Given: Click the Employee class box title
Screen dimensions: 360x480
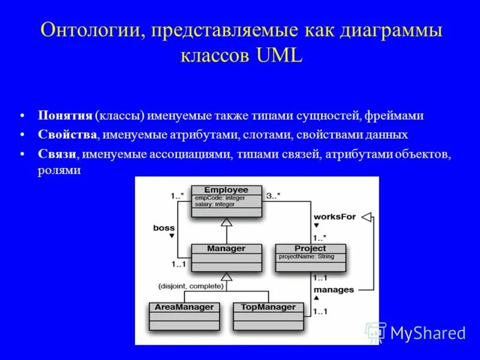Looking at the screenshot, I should [x=226, y=190].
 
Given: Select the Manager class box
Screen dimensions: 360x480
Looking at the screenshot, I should [x=226, y=258].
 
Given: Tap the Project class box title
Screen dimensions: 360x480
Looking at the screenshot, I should [x=310, y=248].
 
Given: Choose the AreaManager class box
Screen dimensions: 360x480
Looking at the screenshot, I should [x=184, y=316].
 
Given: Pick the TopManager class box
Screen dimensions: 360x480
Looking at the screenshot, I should [x=268, y=316].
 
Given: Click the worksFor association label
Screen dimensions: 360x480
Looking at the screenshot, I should [x=334, y=216].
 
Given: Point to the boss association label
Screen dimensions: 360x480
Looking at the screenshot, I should [x=163, y=227].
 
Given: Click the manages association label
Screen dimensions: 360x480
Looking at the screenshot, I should [x=334, y=290].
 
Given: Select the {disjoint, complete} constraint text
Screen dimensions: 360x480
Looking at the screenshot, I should [x=191, y=287].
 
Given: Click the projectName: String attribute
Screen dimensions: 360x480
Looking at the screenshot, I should [x=306, y=257].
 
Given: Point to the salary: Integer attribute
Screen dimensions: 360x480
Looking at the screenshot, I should [x=214, y=204].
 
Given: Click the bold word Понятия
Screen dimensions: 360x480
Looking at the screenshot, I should [x=65, y=116].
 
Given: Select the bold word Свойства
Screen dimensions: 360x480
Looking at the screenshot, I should [x=67, y=134].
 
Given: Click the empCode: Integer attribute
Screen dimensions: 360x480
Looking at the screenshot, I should [x=218, y=197].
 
